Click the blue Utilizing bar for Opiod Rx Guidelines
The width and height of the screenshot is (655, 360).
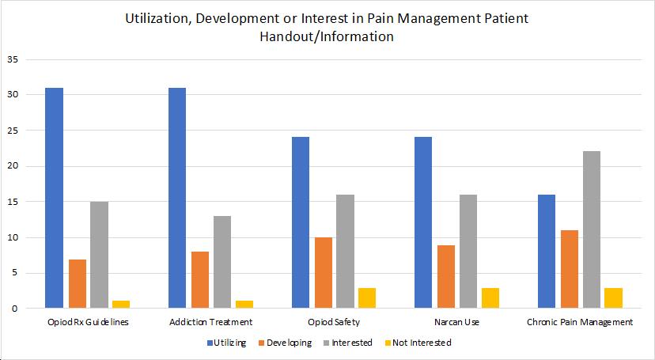pyautogui.click(x=54, y=198)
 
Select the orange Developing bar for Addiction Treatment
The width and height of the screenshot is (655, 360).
pyautogui.click(x=199, y=280)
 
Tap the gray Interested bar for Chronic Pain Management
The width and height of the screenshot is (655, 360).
pyautogui.click(x=590, y=230)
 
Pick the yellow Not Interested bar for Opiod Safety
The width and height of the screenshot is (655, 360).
pyautogui.click(x=366, y=298)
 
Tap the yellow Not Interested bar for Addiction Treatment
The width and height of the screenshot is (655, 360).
pyautogui.click(x=244, y=305)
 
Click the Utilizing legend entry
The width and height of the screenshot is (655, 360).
pyautogui.click(x=228, y=343)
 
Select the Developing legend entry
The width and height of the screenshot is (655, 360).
pyautogui.click(x=286, y=343)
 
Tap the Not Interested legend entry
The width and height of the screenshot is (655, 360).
pyautogui.click(x=422, y=343)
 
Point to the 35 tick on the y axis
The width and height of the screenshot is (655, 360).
pyautogui.click(x=13, y=59)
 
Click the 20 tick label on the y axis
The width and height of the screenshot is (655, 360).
pyautogui.click(x=13, y=166)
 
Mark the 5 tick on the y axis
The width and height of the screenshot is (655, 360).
pyautogui.click(x=15, y=273)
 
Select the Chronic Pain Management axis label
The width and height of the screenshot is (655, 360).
pyautogui.click(x=579, y=322)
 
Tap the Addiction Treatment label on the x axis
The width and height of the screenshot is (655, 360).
pyautogui.click(x=211, y=322)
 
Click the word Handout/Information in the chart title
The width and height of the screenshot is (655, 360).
pyautogui.click(x=327, y=36)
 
